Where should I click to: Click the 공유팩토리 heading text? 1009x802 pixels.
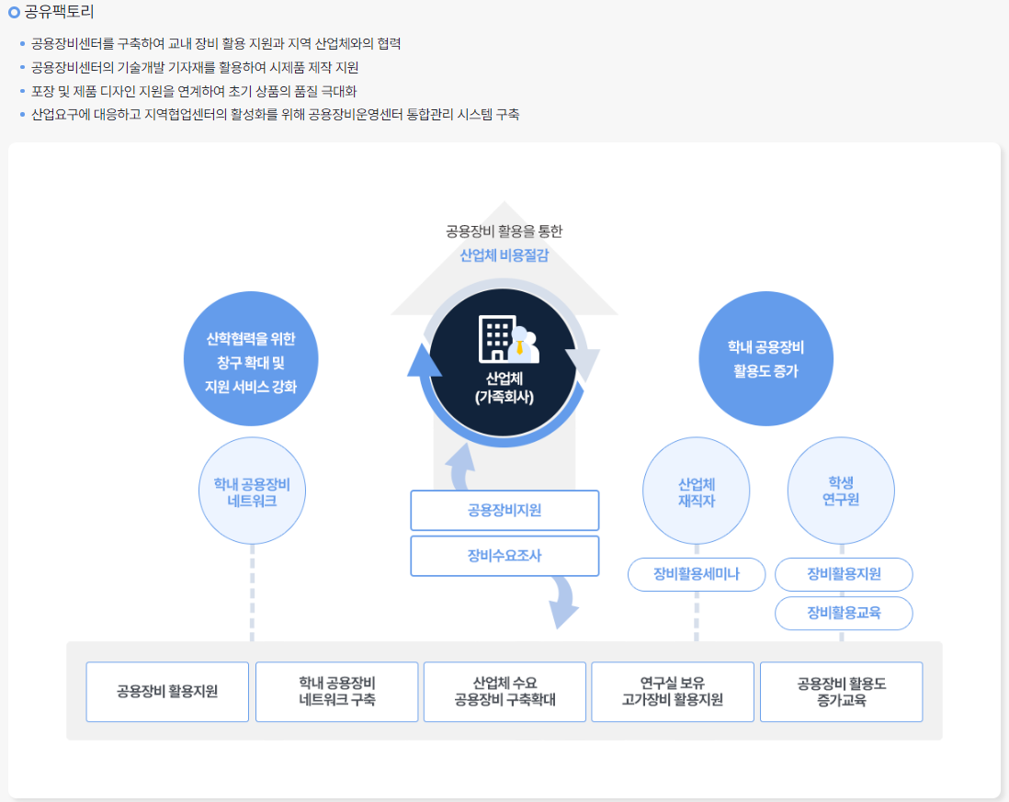(x=59, y=12)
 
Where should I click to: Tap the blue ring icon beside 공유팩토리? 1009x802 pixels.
(x=14, y=12)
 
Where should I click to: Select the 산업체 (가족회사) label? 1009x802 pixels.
(x=504, y=388)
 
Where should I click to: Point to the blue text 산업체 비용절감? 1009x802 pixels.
(x=504, y=255)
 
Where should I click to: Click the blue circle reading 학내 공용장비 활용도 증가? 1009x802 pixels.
(x=765, y=358)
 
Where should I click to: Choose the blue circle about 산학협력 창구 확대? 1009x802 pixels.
(x=251, y=358)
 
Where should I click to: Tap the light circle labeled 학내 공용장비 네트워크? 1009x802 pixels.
(x=252, y=491)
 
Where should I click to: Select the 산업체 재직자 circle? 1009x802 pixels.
(x=697, y=491)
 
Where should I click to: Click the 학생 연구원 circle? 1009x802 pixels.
(x=841, y=491)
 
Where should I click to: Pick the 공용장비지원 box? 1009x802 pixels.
(x=504, y=510)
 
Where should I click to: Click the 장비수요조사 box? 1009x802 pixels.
(x=504, y=556)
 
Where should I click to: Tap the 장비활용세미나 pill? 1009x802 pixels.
(x=697, y=573)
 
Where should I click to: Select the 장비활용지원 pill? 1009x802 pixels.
(x=844, y=573)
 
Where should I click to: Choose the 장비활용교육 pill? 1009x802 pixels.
(x=844, y=613)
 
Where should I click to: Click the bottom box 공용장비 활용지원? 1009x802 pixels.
(x=167, y=692)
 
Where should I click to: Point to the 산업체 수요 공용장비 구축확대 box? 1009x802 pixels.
(x=504, y=692)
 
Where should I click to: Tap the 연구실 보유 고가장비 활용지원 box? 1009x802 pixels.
(x=673, y=692)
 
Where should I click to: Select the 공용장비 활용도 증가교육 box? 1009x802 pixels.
(x=841, y=692)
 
